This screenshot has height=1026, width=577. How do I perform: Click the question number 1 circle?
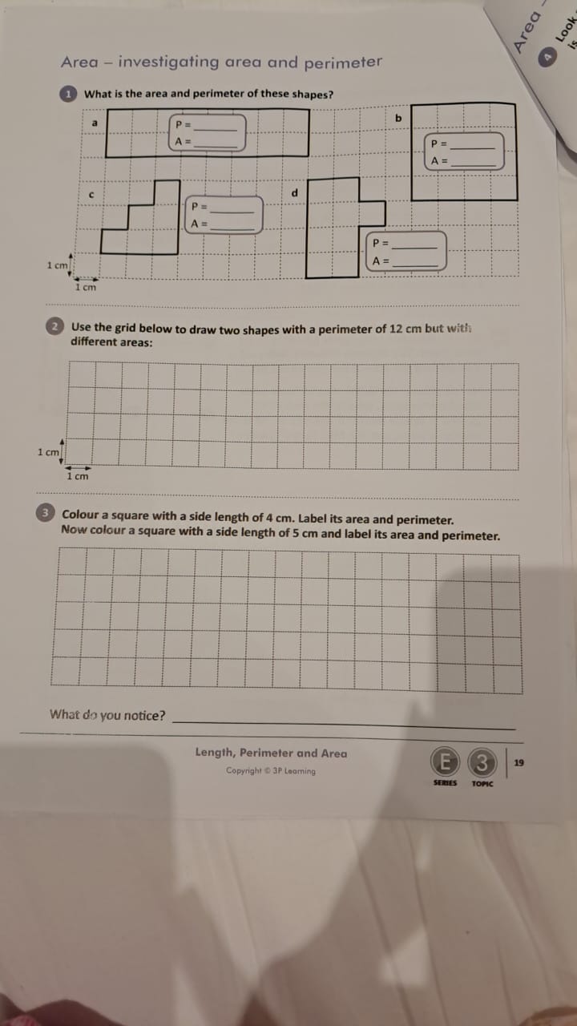click(69, 94)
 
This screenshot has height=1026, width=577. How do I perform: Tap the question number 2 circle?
click(54, 327)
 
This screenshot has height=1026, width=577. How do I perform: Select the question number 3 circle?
click(46, 513)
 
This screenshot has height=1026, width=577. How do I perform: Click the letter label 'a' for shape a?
click(94, 123)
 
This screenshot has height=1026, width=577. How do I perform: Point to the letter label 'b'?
click(397, 119)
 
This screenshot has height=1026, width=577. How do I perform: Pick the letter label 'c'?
click(91, 194)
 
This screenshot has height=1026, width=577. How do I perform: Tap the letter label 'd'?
click(294, 193)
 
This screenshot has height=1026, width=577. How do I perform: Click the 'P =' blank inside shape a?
click(215, 125)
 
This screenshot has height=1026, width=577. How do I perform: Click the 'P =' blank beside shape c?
click(231, 208)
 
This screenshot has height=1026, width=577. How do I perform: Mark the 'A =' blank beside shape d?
click(415, 261)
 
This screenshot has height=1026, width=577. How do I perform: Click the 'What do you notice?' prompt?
click(107, 715)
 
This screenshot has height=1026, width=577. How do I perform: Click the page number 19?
click(518, 762)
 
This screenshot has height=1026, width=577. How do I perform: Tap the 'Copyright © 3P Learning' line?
click(271, 771)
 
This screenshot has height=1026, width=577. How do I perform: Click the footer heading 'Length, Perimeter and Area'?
click(271, 753)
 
